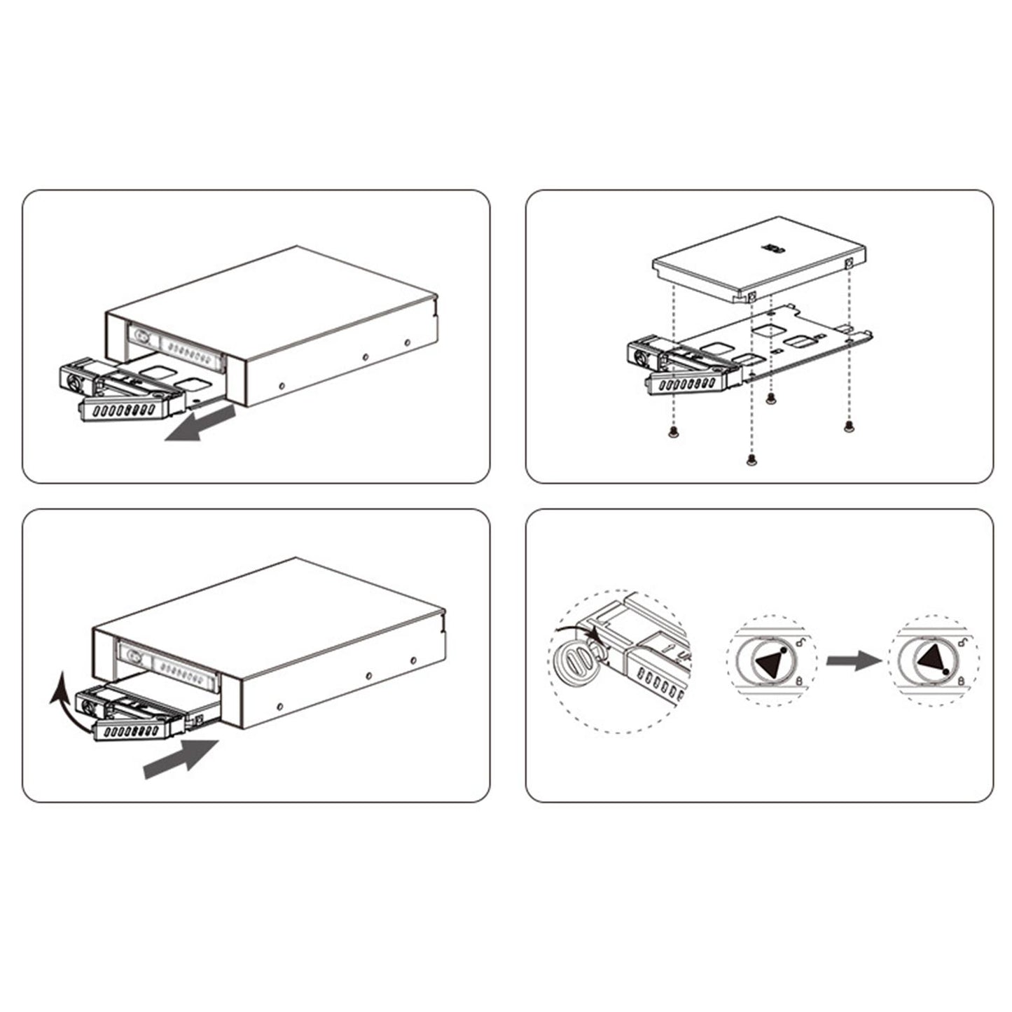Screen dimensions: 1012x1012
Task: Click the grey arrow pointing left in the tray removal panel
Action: click(x=200, y=426)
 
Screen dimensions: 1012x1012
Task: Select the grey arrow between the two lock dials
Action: click(x=853, y=660)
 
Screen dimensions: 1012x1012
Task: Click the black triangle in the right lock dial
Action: click(x=931, y=660)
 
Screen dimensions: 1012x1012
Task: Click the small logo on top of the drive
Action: click(x=772, y=247)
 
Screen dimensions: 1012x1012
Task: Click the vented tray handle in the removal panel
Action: click(x=122, y=410)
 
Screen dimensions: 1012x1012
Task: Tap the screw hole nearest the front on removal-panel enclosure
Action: click(x=281, y=384)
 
